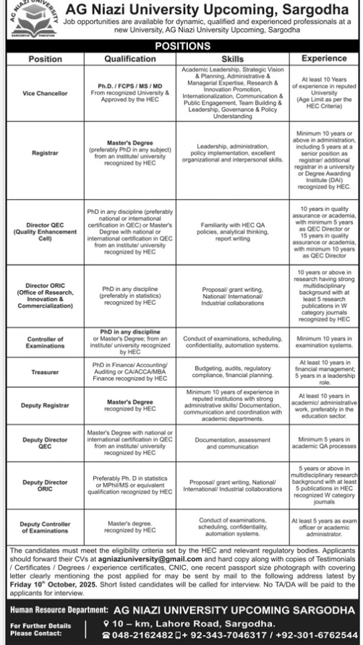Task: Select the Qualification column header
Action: (126, 58)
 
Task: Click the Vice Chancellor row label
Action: (46, 94)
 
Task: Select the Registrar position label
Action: (46, 153)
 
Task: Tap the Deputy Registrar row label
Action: (46, 405)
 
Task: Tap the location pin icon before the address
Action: (106, 623)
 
